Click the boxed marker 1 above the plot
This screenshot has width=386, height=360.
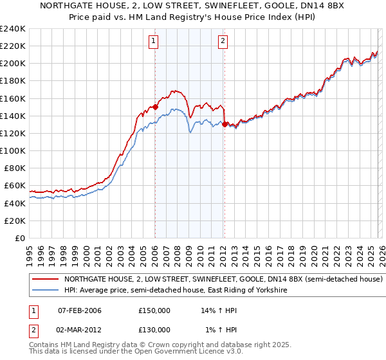click(x=154, y=42)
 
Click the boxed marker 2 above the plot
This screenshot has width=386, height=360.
click(x=223, y=42)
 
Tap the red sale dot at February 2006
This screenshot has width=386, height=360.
click(x=155, y=107)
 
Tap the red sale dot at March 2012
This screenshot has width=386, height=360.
click(x=224, y=125)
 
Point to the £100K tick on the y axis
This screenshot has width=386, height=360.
click(x=13, y=150)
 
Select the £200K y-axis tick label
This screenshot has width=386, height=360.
click(x=13, y=64)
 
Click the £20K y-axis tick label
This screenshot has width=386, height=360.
click(x=15, y=221)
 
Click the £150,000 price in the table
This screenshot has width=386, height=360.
click(x=154, y=310)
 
